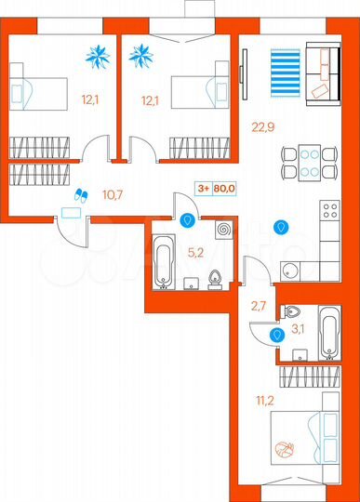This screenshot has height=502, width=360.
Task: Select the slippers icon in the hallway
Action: tap(79, 194)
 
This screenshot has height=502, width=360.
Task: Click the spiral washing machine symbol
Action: tap(223, 229)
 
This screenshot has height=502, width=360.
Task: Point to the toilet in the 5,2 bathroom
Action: tap(215, 277)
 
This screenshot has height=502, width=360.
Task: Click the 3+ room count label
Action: tap(201, 186)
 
